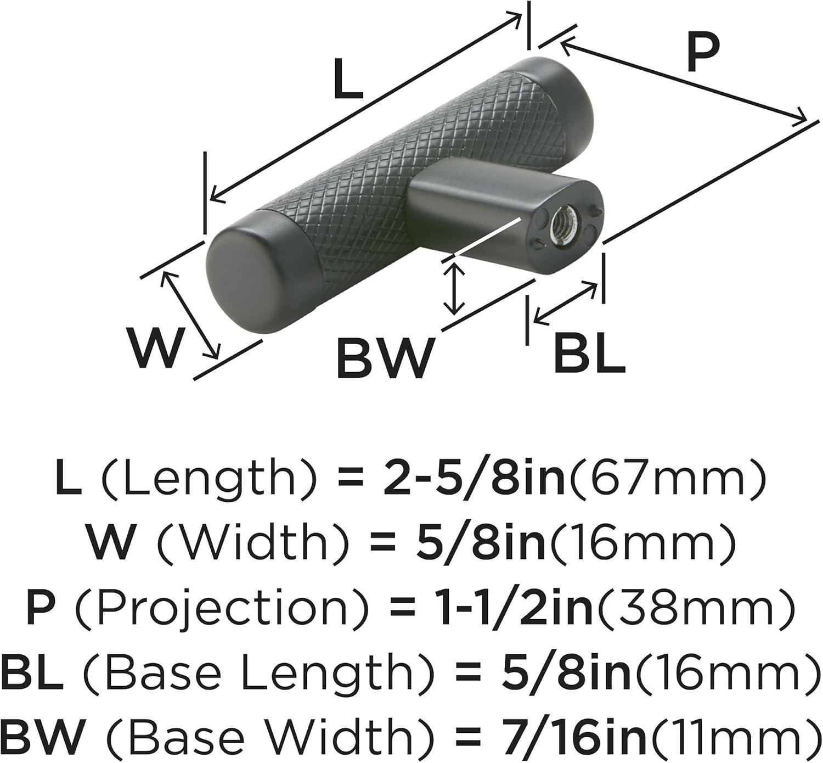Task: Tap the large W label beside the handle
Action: coord(155,347)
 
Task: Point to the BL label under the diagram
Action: coord(589,350)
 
